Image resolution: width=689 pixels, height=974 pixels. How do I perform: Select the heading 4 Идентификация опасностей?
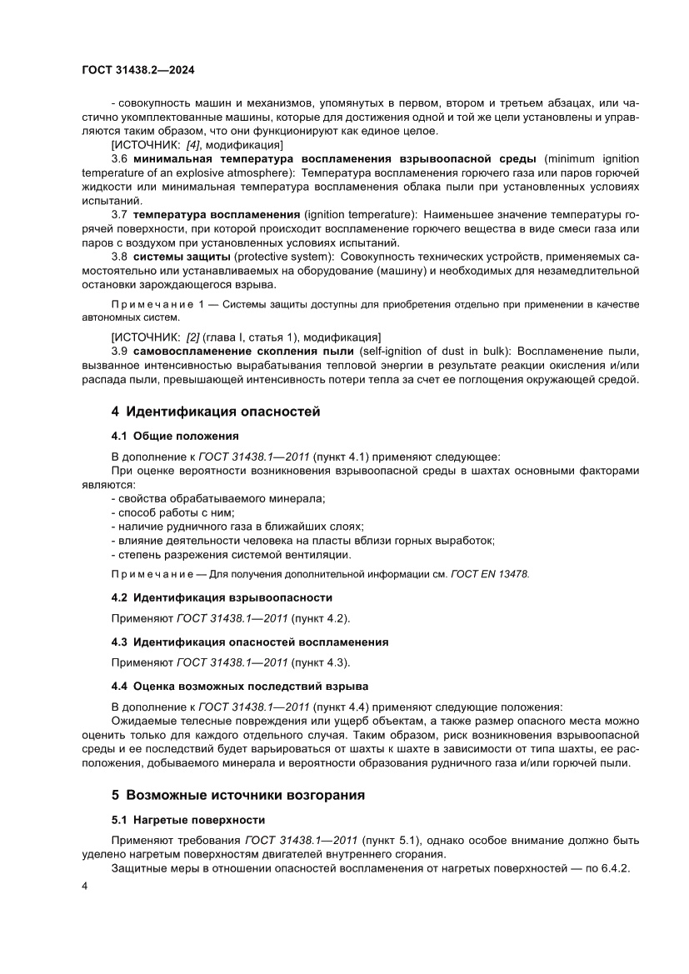(216, 412)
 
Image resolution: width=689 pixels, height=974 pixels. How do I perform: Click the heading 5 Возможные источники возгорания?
(238, 795)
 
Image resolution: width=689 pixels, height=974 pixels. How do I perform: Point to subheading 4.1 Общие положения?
(175, 436)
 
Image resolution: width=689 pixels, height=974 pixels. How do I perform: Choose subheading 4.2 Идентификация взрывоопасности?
(222, 597)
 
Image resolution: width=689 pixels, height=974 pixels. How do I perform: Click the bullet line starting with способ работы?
(172, 512)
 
